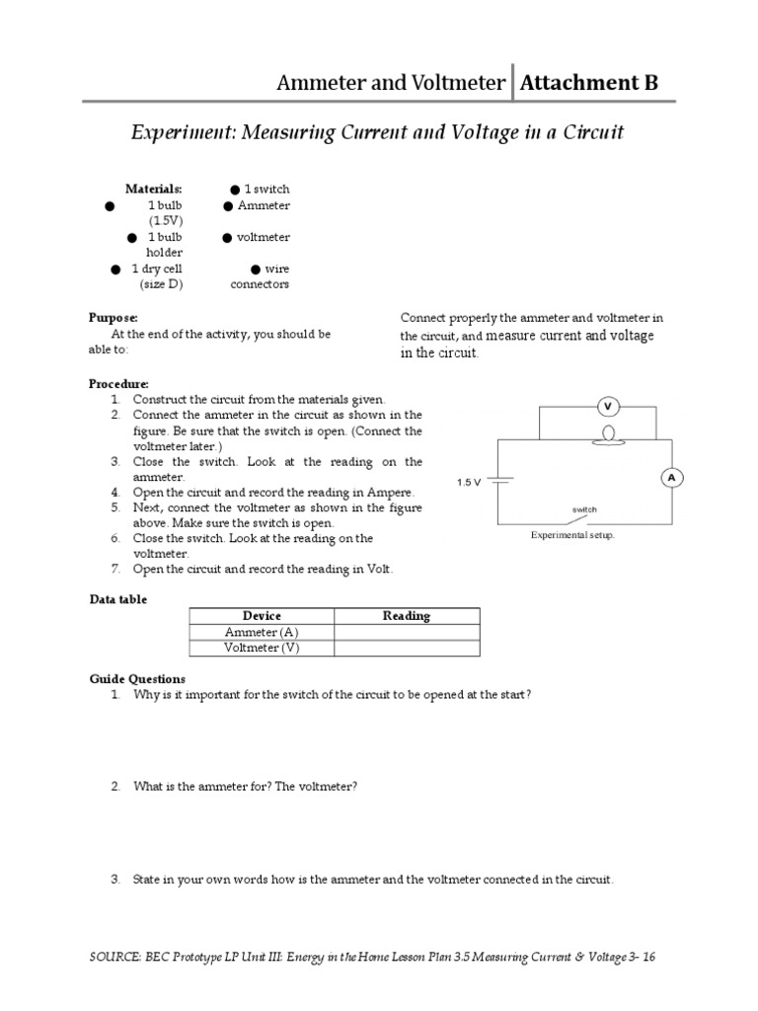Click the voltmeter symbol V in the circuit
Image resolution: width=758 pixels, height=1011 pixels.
[x=608, y=406]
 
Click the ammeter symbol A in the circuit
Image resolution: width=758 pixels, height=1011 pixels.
[x=672, y=477]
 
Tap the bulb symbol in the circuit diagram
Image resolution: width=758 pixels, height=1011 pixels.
[x=608, y=433]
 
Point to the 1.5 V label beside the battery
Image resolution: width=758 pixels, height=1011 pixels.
[x=469, y=482]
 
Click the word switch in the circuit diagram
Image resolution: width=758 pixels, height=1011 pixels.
[x=585, y=509]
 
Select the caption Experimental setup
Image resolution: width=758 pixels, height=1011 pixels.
[x=572, y=535]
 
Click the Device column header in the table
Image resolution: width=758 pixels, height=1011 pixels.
[x=262, y=615]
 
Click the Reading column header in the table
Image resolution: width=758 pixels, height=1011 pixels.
[x=407, y=615]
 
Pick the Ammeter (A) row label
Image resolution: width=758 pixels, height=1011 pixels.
[x=261, y=632]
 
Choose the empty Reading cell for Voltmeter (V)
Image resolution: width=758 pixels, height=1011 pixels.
[x=407, y=648]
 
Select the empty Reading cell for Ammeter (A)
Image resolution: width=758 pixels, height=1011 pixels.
[x=407, y=632]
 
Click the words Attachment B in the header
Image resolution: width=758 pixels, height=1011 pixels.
[x=589, y=82]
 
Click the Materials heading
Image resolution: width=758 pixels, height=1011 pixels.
[x=153, y=189]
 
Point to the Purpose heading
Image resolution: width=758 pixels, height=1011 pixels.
[x=114, y=318]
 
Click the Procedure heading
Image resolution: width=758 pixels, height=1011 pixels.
[x=119, y=383]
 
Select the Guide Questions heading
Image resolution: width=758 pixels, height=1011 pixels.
[x=137, y=679]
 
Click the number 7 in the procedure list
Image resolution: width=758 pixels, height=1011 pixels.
[x=115, y=569]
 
